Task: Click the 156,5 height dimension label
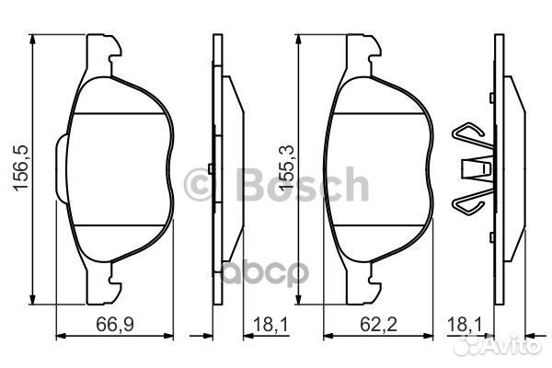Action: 20,167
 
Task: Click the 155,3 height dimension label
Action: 286,168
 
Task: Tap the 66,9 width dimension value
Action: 115,324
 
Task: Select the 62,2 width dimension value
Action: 378,324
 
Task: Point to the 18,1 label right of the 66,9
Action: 270,324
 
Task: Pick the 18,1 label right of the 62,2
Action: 465,324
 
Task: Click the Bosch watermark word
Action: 303,185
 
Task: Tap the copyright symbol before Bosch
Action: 198,185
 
